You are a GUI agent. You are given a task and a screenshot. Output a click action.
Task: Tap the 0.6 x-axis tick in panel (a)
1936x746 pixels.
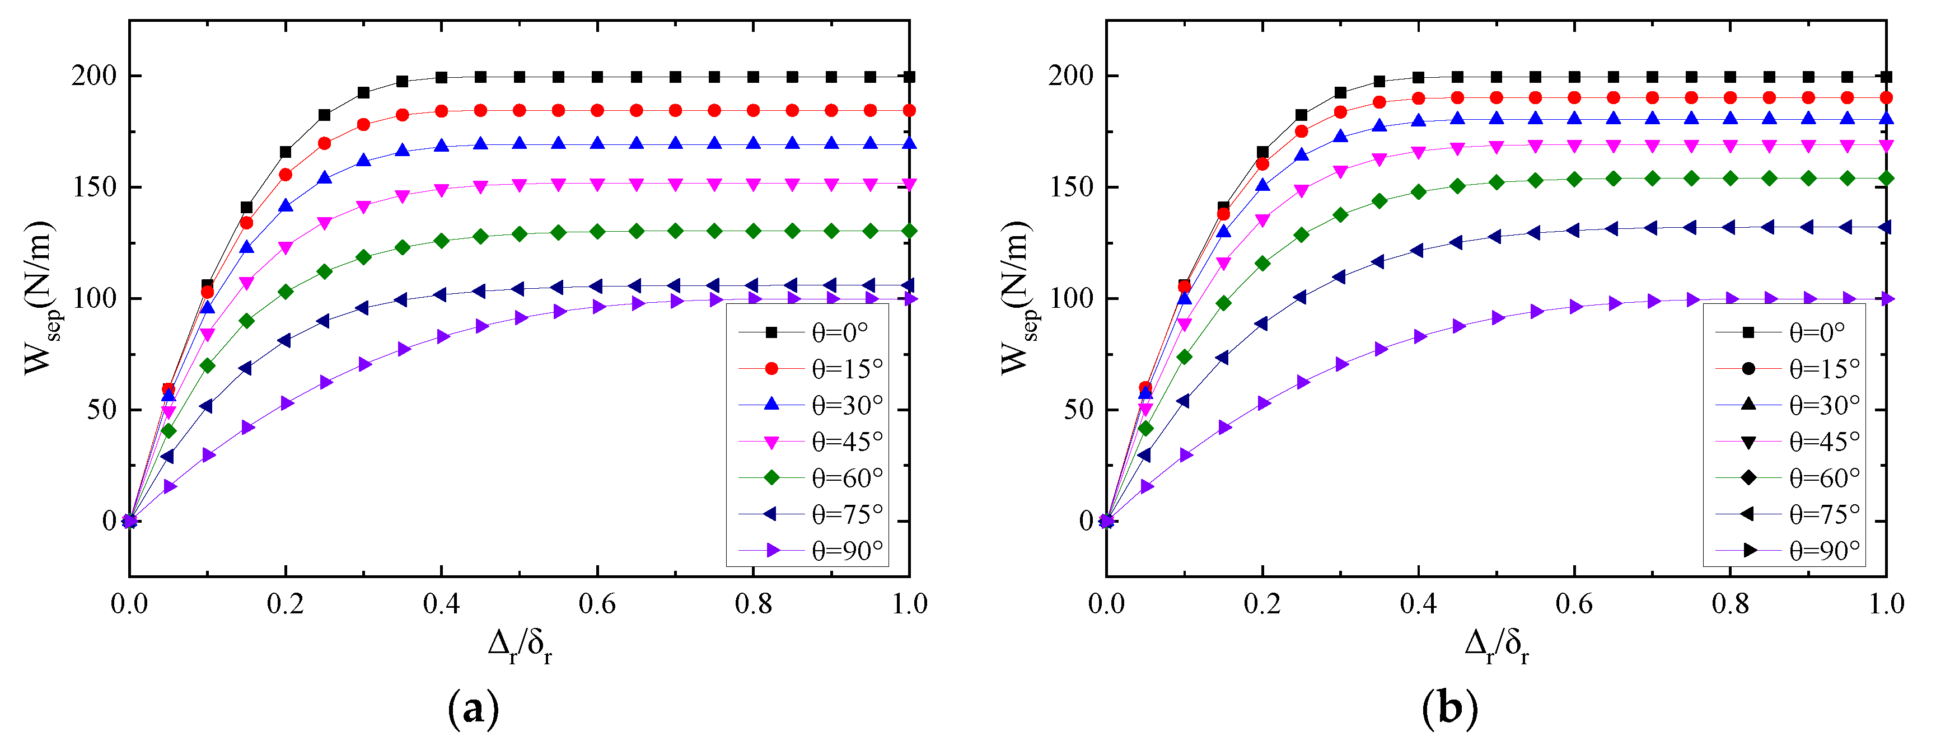pos(597,604)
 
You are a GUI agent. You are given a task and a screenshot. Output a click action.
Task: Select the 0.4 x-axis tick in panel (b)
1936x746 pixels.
pos(1418,604)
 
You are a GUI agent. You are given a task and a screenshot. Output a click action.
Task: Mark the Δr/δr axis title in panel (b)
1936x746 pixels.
pos(1495,645)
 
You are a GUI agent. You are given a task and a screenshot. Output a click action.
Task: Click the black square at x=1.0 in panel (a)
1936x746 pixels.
pos(909,77)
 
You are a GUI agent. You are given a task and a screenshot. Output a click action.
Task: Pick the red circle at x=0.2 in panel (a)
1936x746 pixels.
pos(286,174)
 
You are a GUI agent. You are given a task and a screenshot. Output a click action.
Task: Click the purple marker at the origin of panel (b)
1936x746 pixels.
pos(1106,520)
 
